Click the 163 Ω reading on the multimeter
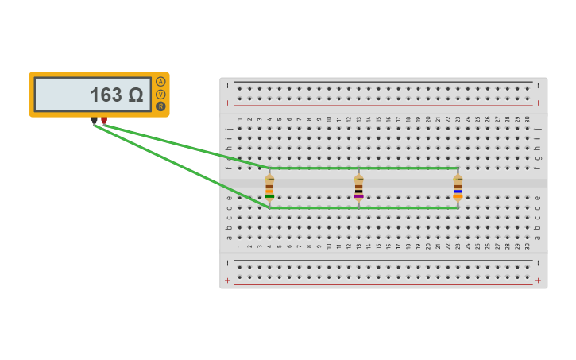click(x=116, y=95)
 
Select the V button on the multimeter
click(x=160, y=94)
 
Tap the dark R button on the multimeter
click(x=160, y=106)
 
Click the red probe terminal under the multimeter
click(x=104, y=121)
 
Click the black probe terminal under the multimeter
click(x=94, y=121)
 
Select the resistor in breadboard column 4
click(x=269, y=188)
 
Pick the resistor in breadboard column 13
click(x=358, y=188)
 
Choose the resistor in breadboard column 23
click(x=458, y=188)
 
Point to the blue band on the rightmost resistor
click(x=458, y=192)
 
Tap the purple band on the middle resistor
click(x=358, y=196)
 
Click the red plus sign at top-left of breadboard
click(x=228, y=103)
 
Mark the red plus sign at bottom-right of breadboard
click(x=538, y=281)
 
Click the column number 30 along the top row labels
click(x=528, y=119)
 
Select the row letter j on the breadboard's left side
click(x=229, y=128)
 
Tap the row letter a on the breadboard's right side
click(x=537, y=237)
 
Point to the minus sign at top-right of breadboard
click(x=538, y=84)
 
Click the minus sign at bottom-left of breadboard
click(x=228, y=263)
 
